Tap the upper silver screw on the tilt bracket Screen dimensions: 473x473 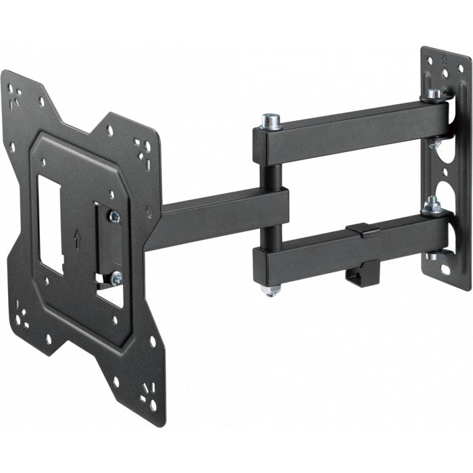(x=114, y=216)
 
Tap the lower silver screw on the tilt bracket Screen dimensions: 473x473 (x=116, y=276)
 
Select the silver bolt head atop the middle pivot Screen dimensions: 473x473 (x=273, y=122)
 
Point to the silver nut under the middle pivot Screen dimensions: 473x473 (x=270, y=290)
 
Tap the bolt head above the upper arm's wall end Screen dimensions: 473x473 (x=434, y=94)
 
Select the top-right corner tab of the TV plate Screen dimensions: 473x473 (x=143, y=145)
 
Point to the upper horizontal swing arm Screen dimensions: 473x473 (x=351, y=132)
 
